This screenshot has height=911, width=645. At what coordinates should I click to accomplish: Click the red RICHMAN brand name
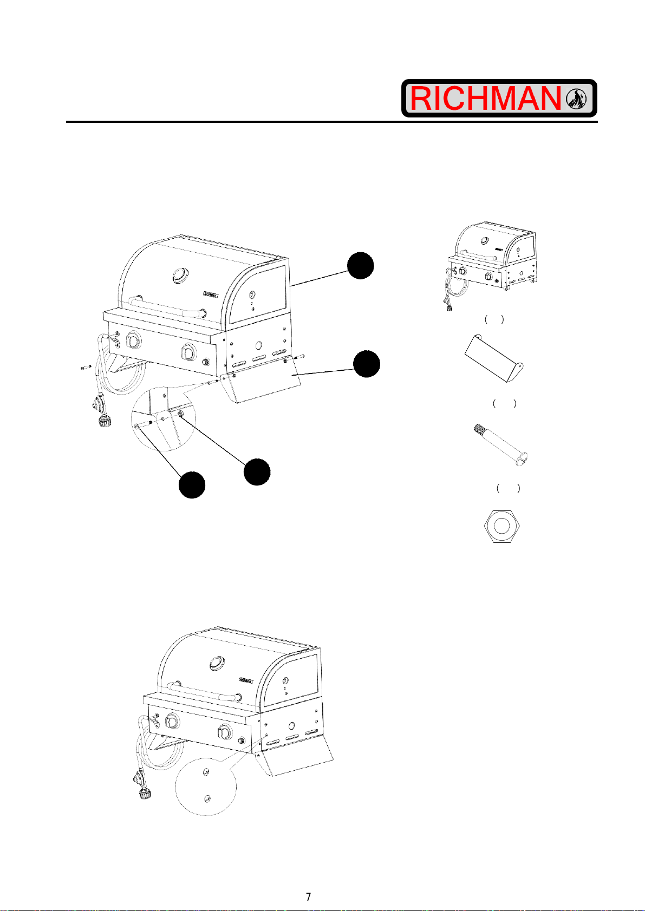[x=485, y=99]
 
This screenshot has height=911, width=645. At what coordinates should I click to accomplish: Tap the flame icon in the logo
[x=576, y=99]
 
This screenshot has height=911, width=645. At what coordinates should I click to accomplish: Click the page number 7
[x=308, y=897]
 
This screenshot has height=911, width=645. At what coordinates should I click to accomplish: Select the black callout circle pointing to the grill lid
[x=361, y=266]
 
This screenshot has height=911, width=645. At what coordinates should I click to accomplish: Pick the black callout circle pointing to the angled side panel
[x=367, y=364]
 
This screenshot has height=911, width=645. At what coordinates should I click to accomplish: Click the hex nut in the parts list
[x=501, y=526]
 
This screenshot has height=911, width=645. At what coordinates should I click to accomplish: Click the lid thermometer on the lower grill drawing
[x=216, y=663]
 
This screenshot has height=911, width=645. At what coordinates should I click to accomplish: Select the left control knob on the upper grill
[x=133, y=339]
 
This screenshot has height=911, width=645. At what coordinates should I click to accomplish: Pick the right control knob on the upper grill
[x=188, y=351]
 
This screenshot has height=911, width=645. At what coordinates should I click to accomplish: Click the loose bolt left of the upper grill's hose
[x=86, y=368]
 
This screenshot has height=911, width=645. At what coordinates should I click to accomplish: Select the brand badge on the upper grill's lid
[x=211, y=294]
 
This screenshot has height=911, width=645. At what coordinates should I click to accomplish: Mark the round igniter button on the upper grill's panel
[x=206, y=362]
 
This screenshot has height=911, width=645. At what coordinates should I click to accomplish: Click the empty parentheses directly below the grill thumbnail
[x=494, y=319]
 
